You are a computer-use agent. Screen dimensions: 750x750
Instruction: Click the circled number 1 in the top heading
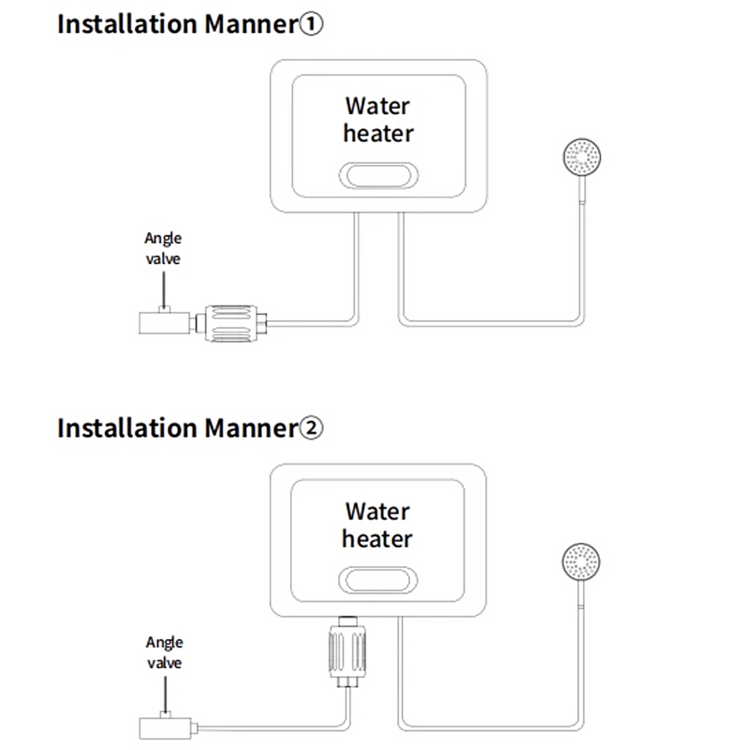pos(310,24)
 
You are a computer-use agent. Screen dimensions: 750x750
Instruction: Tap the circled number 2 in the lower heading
pos(310,428)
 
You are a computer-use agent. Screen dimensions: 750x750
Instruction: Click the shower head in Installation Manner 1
pos(582,155)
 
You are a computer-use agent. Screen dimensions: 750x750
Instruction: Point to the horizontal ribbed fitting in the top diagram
pos(230,321)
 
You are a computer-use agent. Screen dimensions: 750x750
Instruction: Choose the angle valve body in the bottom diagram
pos(164,727)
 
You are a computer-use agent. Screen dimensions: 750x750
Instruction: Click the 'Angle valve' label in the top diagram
pos(162,248)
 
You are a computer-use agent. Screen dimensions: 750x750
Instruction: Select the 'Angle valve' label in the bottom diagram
pos(164,652)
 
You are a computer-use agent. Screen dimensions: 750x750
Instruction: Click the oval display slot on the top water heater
pos(379,176)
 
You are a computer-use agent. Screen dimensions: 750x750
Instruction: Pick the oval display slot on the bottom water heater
pos(378,580)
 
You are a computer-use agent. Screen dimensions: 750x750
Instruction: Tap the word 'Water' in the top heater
pos(377,105)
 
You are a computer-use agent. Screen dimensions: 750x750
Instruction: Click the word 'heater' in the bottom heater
pos(377,538)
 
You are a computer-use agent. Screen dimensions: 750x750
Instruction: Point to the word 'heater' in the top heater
pos(378,133)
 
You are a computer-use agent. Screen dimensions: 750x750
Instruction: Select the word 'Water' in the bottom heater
pos(377,512)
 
